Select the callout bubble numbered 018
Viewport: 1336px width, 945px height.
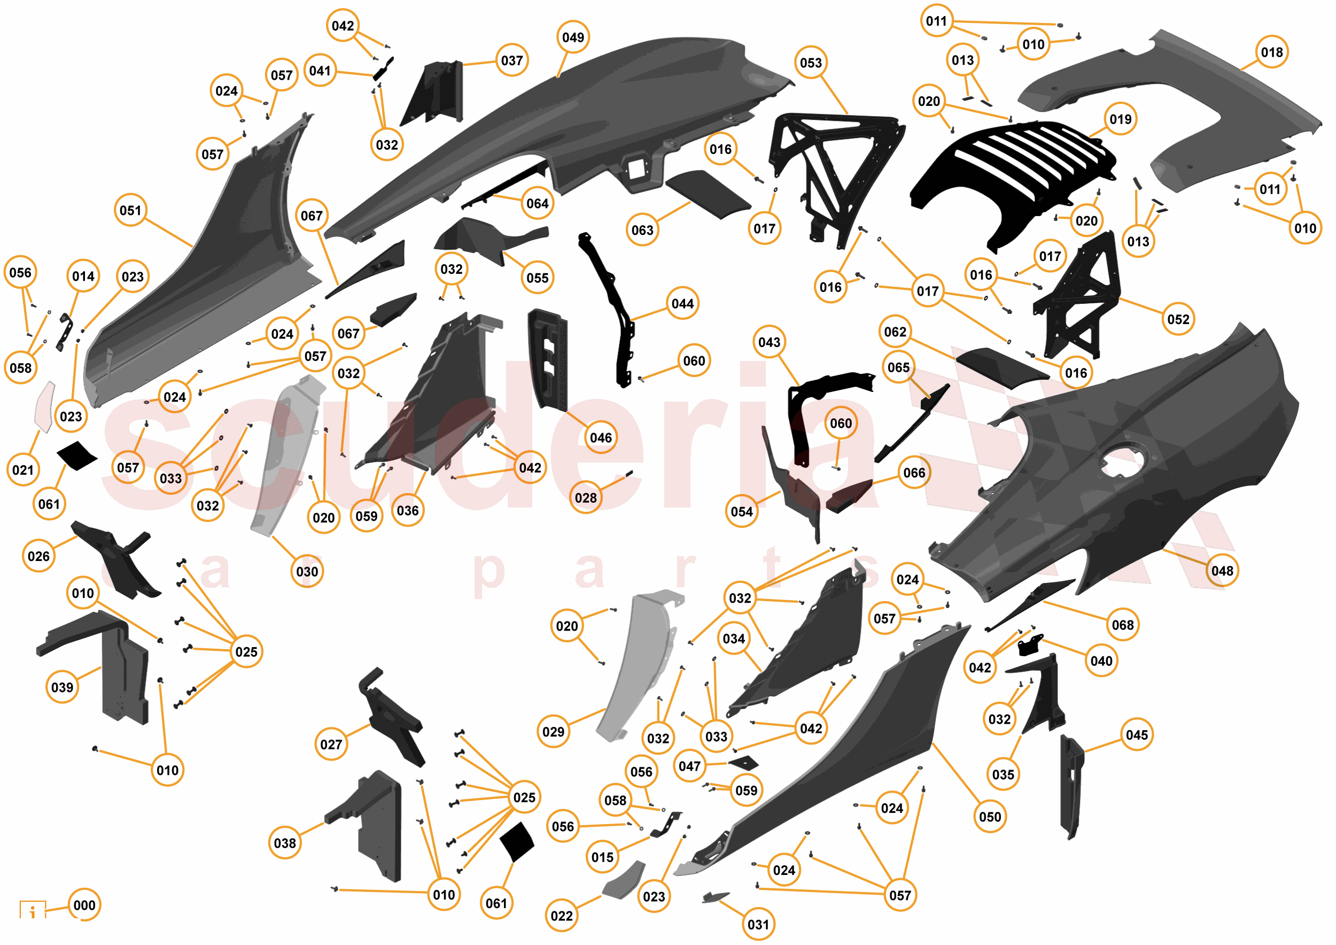tap(1271, 52)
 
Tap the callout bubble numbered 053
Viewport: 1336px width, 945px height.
tap(810, 62)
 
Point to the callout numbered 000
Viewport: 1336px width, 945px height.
tap(84, 905)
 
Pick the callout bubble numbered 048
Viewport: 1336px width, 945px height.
tap(1222, 571)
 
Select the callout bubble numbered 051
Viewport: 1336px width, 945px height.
tap(130, 210)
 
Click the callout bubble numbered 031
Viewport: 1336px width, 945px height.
tap(758, 924)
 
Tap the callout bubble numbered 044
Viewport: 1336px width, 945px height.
tap(682, 303)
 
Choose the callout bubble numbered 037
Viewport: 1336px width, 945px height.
tap(511, 60)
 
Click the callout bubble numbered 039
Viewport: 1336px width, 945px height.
tap(63, 687)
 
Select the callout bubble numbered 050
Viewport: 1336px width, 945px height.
tap(990, 816)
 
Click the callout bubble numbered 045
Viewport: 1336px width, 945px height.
tap(1137, 735)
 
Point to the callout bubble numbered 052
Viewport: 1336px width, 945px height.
tap(1178, 319)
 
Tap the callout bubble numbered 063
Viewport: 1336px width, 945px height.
tap(642, 230)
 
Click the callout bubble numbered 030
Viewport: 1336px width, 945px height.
tap(307, 571)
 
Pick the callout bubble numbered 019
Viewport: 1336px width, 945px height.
tap(1120, 119)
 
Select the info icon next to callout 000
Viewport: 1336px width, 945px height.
tap(33, 910)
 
